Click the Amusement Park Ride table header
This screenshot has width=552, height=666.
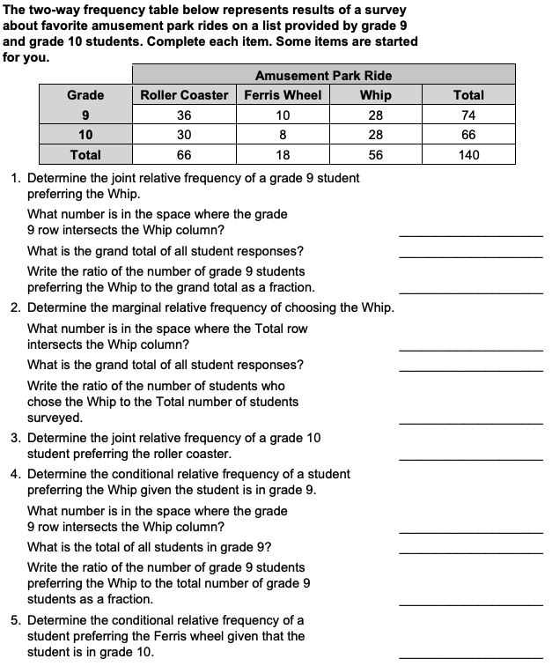(x=323, y=76)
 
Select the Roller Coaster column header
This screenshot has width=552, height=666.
(x=184, y=95)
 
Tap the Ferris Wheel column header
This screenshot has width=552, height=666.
(x=283, y=95)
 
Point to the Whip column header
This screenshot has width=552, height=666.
(x=376, y=95)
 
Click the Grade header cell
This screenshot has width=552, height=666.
(x=85, y=95)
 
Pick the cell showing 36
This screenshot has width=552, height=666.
(x=184, y=115)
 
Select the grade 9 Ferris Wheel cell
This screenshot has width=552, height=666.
(x=283, y=115)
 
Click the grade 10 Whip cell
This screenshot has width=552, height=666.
(x=376, y=135)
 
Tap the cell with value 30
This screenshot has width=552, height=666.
(x=184, y=135)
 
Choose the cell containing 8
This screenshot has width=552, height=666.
(x=283, y=135)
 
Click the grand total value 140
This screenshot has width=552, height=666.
(x=468, y=155)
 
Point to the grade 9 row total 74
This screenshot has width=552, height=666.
(x=468, y=115)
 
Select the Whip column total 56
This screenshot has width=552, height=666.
(x=376, y=155)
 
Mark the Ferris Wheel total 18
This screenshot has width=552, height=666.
(x=283, y=155)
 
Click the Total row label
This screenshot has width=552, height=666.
(x=85, y=155)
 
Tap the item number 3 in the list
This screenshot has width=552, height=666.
(x=16, y=438)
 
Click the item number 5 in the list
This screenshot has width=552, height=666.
(x=16, y=620)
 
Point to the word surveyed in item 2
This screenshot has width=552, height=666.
(x=55, y=418)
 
